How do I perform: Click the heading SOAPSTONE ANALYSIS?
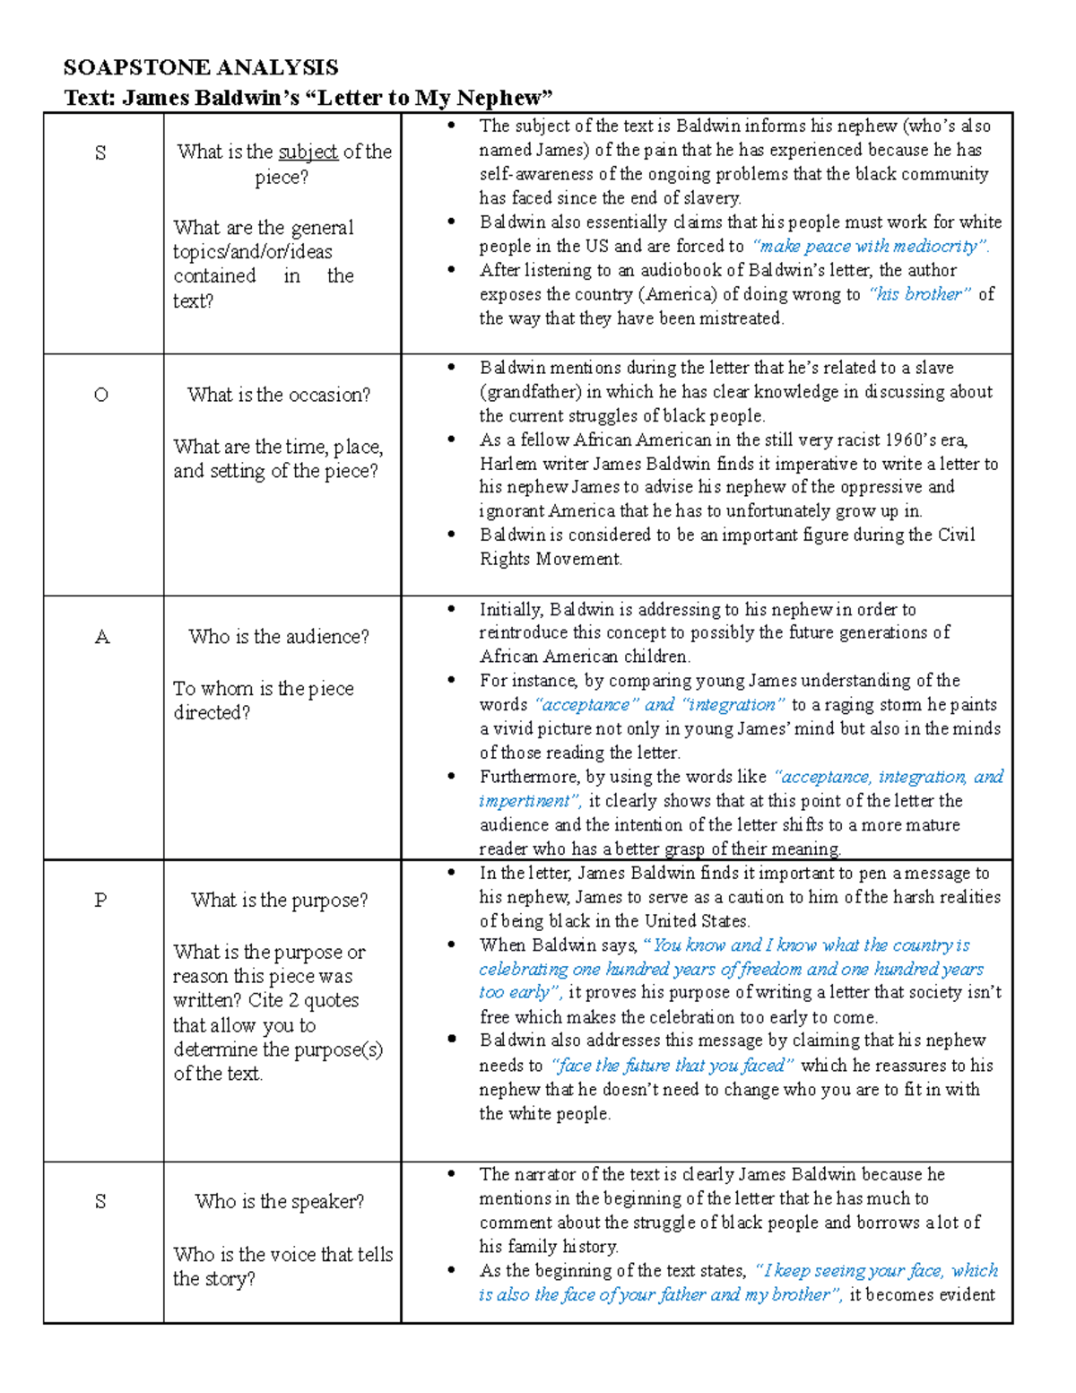[x=201, y=67]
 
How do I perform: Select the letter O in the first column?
[x=101, y=395]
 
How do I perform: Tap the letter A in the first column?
[x=102, y=637]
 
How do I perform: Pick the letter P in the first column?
[x=101, y=900]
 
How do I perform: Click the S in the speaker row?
[x=100, y=1201]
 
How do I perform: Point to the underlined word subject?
[x=308, y=152]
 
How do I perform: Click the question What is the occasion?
[x=279, y=395]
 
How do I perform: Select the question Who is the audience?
[x=279, y=637]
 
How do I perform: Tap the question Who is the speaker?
[x=280, y=1201]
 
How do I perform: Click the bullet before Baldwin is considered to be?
[x=452, y=535]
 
